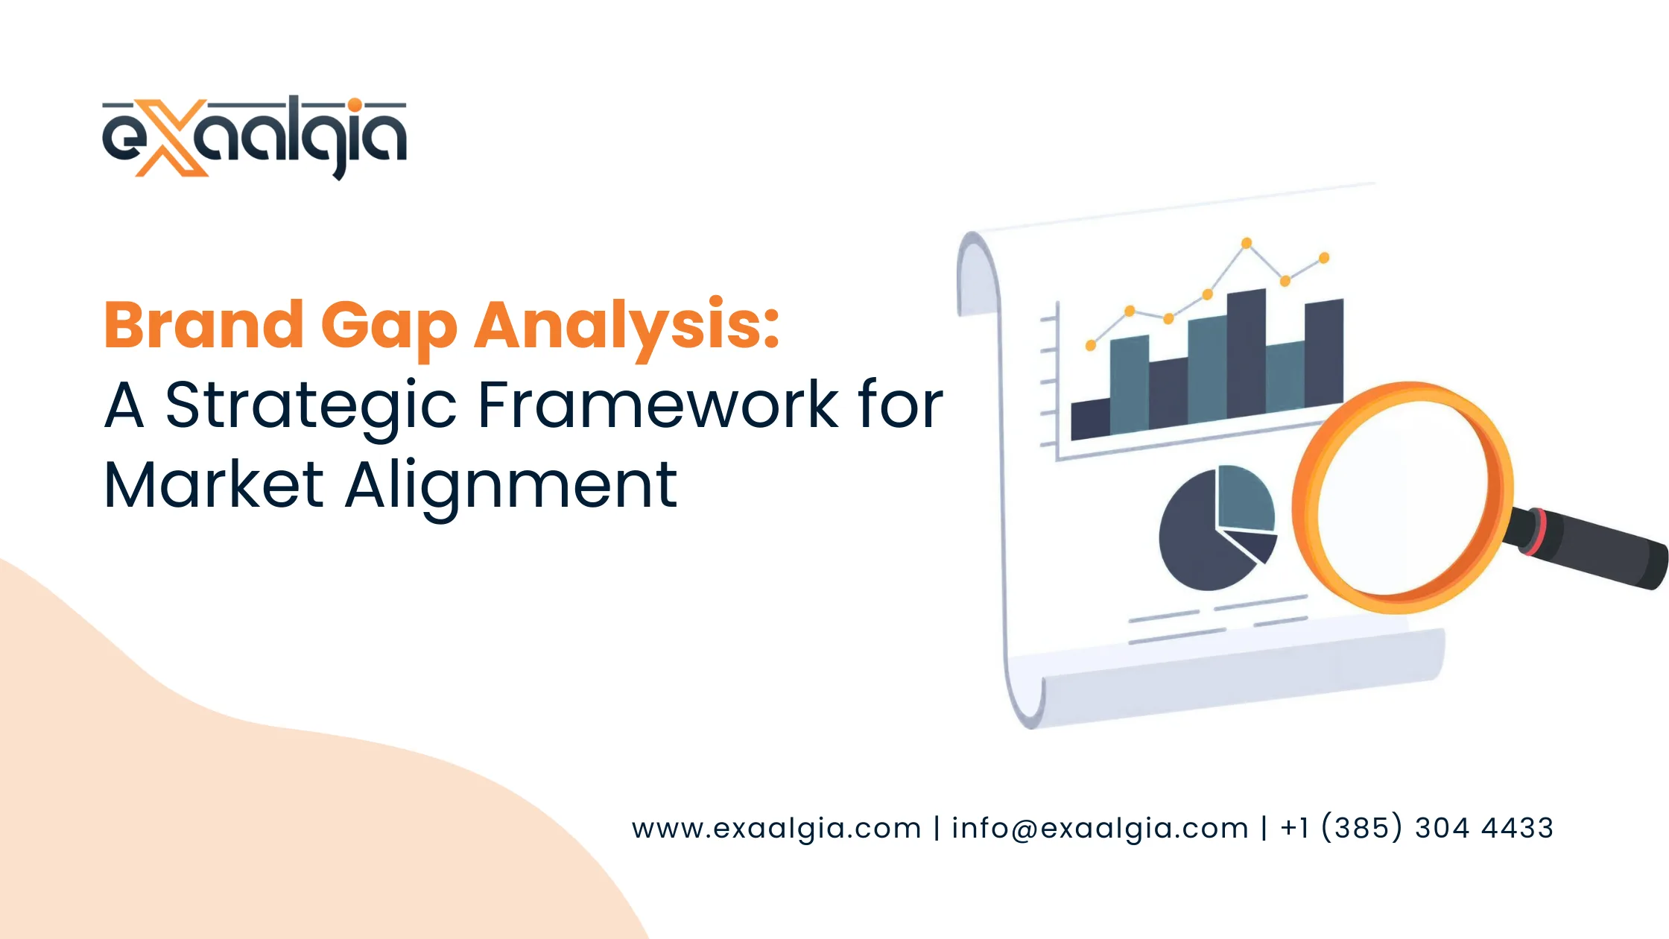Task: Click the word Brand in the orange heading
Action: click(x=203, y=325)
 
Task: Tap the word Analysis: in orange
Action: click(x=627, y=326)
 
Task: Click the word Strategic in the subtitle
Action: click(x=310, y=406)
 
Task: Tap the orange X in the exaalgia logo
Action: click(x=171, y=139)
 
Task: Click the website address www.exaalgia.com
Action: click(x=776, y=828)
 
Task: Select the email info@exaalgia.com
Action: click(x=1100, y=828)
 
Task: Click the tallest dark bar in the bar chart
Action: click(x=1246, y=354)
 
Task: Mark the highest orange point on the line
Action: click(x=1247, y=243)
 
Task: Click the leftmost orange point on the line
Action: click(x=1091, y=345)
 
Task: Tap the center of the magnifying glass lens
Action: click(x=1402, y=496)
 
